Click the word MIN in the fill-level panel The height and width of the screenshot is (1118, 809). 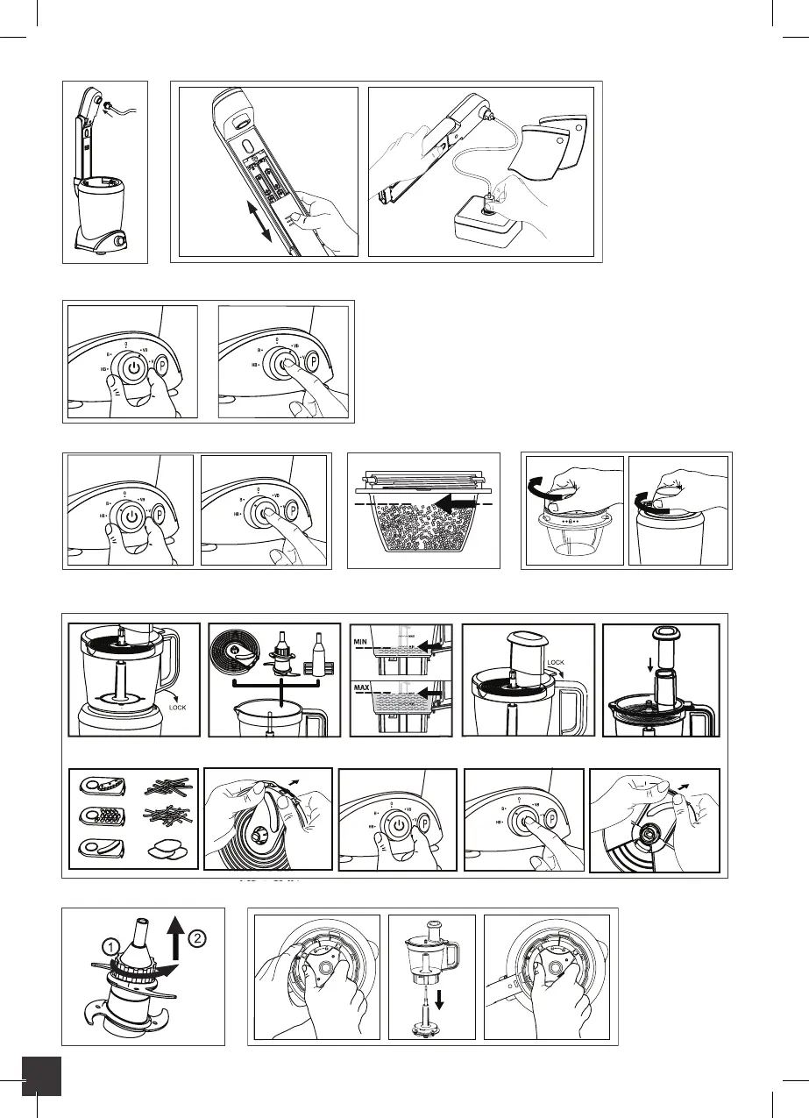[363, 643]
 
